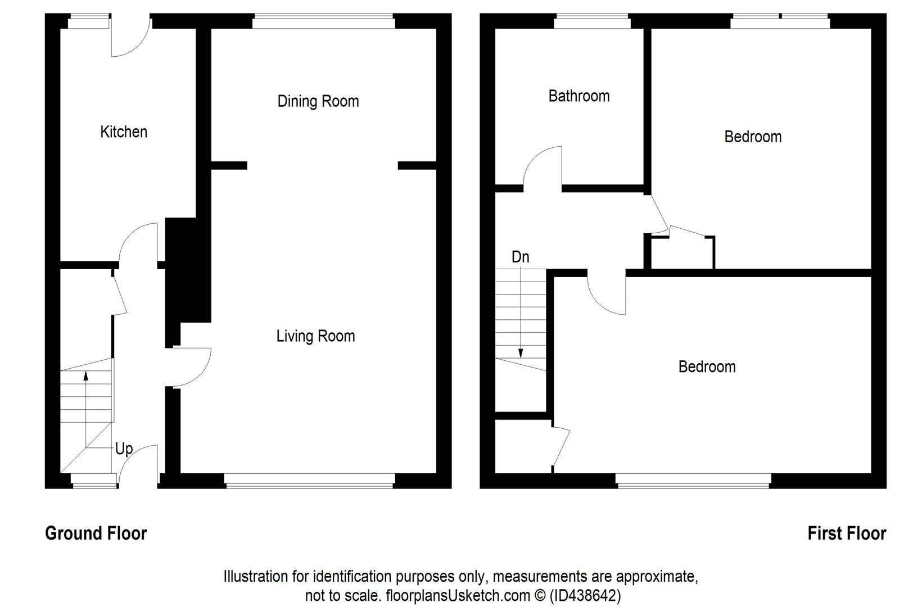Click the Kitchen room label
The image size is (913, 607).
[124, 132]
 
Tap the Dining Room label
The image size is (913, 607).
[318, 101]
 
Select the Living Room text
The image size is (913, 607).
[315, 337]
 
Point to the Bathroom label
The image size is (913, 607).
[579, 96]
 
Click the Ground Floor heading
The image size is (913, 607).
[96, 533]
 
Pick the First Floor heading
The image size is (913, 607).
[847, 533]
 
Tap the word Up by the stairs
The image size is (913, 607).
[124, 449]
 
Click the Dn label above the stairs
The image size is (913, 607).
[521, 257]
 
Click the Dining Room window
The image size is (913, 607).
[324, 21]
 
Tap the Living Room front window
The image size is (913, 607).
[309, 481]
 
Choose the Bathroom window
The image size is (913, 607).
[592, 21]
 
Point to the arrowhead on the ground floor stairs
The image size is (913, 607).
[85, 375]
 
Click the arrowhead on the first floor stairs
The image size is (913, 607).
[521, 353]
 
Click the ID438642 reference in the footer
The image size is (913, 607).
[585, 596]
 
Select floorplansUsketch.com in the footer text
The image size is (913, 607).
[458, 596]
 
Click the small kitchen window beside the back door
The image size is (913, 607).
[88, 21]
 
